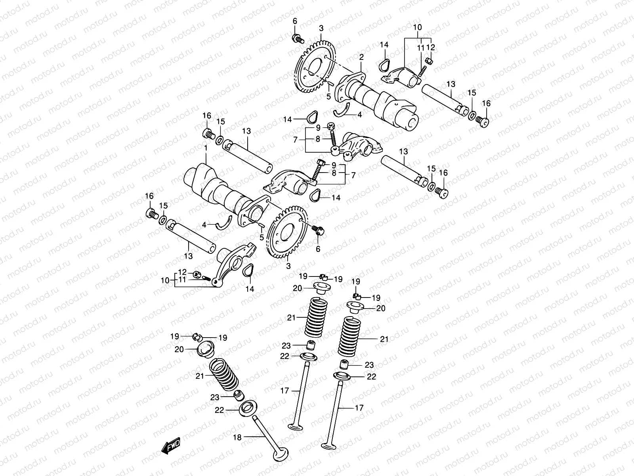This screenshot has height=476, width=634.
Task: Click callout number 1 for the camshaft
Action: click(206, 148)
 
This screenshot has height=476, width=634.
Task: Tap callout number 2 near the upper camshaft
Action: click(361, 58)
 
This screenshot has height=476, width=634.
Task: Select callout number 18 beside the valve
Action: click(237, 438)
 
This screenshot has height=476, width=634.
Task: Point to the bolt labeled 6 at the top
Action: click(297, 38)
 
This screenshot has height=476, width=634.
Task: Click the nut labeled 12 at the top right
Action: click(428, 61)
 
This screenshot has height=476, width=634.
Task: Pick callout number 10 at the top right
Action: click(418, 27)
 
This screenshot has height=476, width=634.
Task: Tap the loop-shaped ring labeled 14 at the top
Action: click(384, 63)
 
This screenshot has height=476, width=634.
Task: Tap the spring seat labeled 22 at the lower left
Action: click(246, 408)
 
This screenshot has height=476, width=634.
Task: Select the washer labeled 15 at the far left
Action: click(163, 219)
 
